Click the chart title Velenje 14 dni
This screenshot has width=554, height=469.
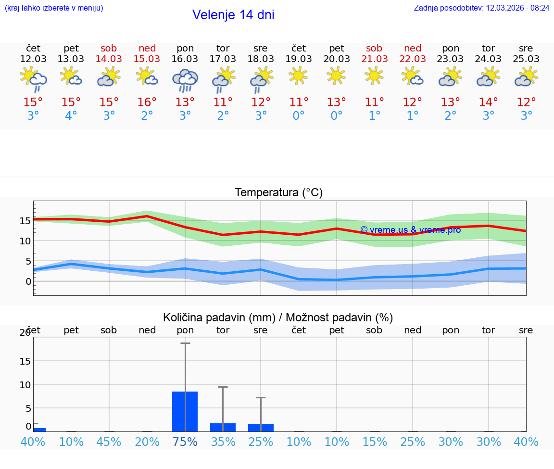point(233,15)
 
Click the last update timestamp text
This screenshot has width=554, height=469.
point(482,8)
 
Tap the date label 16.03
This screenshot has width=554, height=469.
point(185,59)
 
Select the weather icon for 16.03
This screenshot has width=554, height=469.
point(185,80)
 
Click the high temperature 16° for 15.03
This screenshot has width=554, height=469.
point(147,102)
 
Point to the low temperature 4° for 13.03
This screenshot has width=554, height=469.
point(71,115)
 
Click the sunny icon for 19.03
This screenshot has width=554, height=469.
point(299,76)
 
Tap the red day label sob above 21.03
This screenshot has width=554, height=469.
point(374,48)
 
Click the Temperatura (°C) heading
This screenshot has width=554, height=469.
point(278,192)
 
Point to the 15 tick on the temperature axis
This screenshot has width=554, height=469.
point(25,221)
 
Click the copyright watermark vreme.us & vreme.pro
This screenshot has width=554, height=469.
point(410,230)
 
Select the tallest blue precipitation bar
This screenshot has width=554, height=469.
point(185,411)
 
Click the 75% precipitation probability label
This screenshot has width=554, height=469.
point(185,442)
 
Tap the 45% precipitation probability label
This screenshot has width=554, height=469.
point(109,442)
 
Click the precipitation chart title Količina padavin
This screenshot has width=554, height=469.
point(278,317)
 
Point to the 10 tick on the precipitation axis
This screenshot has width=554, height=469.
point(25,385)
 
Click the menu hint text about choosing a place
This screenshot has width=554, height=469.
point(54,8)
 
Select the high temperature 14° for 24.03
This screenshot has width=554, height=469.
point(489,102)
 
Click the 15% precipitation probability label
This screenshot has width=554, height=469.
point(375,442)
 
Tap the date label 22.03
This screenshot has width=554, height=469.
point(413,59)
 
